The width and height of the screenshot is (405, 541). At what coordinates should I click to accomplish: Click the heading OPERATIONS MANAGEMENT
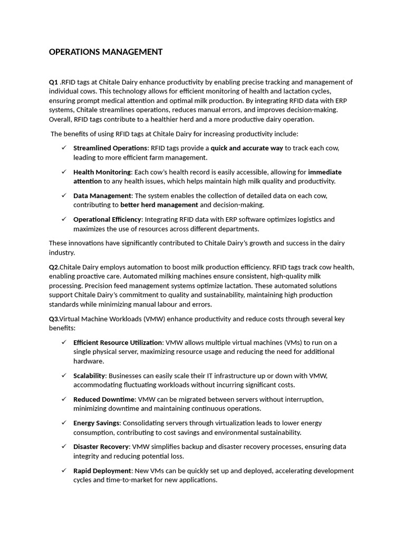[x=105, y=52]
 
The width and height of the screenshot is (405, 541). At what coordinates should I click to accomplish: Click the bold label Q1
[x=53, y=82]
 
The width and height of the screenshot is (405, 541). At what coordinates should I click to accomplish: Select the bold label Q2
[x=54, y=267]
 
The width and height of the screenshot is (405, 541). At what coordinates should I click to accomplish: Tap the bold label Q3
[x=54, y=319]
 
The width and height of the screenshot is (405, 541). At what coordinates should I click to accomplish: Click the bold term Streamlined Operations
[x=110, y=148]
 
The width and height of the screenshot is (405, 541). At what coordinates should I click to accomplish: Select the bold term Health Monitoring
[x=102, y=172]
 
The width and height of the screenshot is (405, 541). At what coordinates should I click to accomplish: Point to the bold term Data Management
[x=102, y=195]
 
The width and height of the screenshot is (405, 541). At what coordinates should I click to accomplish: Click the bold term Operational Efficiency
[x=107, y=219]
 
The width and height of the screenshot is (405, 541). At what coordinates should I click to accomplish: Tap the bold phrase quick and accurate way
[x=247, y=148]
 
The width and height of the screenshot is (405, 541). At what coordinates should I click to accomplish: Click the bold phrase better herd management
[x=159, y=205]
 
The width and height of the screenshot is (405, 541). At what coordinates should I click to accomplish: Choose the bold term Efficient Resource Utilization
[x=118, y=342]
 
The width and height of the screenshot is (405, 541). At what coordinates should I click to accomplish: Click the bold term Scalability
[x=89, y=376]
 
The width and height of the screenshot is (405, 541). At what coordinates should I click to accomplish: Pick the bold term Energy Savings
[x=97, y=423]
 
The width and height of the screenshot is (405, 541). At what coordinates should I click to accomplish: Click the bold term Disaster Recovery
[x=101, y=447]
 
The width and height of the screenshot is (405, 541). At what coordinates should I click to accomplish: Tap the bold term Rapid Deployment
[x=102, y=471]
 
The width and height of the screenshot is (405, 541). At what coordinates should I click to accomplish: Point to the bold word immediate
[x=325, y=172]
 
